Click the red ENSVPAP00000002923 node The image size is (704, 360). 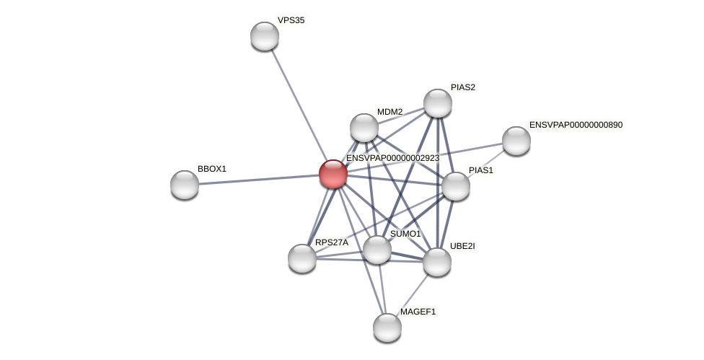333,174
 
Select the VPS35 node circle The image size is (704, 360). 265,36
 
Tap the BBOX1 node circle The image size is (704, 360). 185,185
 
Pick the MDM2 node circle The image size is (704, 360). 364,128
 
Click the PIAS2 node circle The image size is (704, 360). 438,103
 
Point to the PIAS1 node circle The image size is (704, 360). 456,186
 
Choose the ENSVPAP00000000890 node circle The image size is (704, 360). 516,141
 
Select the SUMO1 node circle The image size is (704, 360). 377,250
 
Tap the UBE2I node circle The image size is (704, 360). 437,262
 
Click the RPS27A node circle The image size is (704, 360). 302,258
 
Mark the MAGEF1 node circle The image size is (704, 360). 387,328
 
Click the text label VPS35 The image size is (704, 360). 291,20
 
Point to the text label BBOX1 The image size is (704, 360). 212,169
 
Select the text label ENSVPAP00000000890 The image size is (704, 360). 576,125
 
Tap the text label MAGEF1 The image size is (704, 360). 418,312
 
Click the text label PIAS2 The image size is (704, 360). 463,87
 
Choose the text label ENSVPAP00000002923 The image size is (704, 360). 392,158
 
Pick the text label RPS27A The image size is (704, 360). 332,242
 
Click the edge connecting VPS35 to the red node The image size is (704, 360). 299,105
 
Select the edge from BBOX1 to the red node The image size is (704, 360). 259,180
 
